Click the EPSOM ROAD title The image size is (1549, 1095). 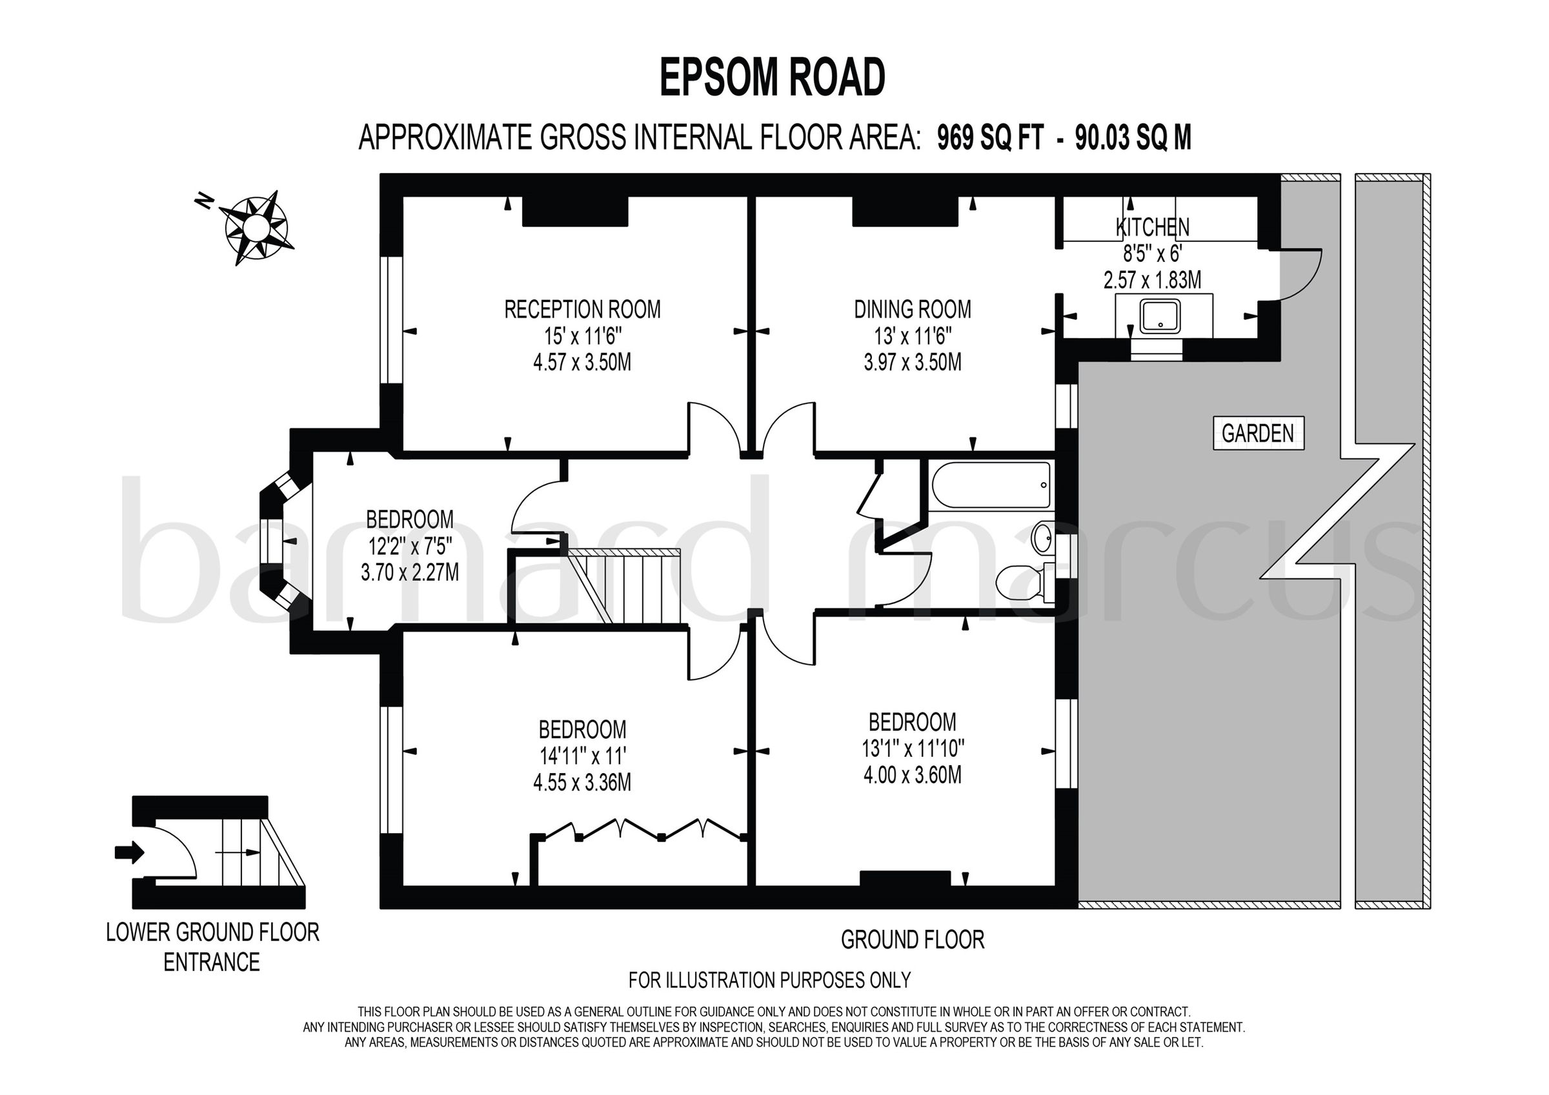pos(772,78)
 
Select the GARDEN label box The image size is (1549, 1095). pos(1257,433)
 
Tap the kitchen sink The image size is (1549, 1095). pos(1160,316)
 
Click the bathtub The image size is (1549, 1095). pos(990,485)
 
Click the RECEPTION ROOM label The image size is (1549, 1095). pos(582,310)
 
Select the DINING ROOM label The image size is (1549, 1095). pos(912,310)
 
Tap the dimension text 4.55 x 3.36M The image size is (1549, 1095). pos(582,783)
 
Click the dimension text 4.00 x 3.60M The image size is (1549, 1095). pos(912,774)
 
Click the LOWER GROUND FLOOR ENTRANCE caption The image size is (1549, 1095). pos(212,947)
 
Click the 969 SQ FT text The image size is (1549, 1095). pos(990,138)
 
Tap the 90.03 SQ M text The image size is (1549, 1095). pos(1133,138)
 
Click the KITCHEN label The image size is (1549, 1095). pos(1152,227)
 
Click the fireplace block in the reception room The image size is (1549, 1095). pos(575,211)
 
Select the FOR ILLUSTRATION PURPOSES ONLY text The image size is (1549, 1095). pos(769,979)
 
